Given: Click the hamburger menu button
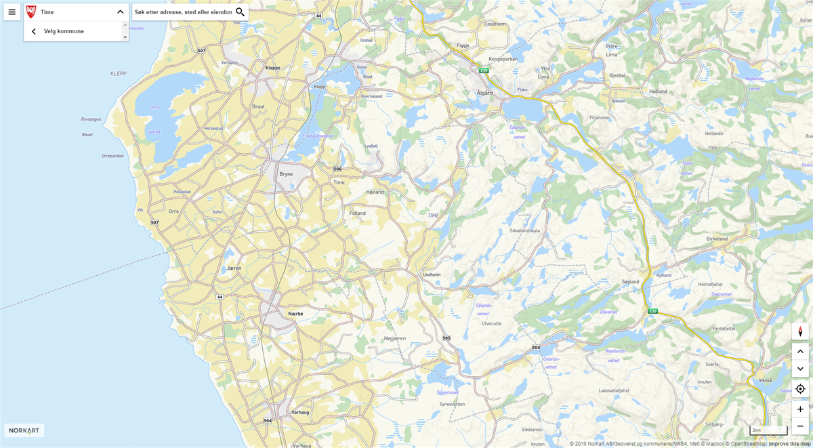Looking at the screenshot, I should tap(12, 12).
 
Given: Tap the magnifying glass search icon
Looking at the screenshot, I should tap(240, 12).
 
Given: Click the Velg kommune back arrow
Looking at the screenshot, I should tap(34, 31).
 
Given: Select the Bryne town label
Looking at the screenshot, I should tap(286, 174).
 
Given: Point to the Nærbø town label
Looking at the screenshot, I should tap(295, 314).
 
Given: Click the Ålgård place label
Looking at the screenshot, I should tap(484, 92).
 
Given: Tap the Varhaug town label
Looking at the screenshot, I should tap(300, 412).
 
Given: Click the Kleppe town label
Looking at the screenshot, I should tap(273, 68).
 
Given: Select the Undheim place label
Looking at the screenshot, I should tap(432, 274).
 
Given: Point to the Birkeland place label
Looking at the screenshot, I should tap(717, 239).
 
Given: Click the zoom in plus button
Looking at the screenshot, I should tap(800, 409).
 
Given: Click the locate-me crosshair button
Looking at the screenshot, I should tap(800, 388).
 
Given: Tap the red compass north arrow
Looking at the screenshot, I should tap(800, 331).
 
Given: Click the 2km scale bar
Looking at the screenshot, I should tap(768, 430).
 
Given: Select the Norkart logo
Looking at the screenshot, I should tap(24, 430).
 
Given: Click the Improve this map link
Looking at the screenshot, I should tap(790, 444).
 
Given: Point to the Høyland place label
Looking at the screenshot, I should tap(375, 192).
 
